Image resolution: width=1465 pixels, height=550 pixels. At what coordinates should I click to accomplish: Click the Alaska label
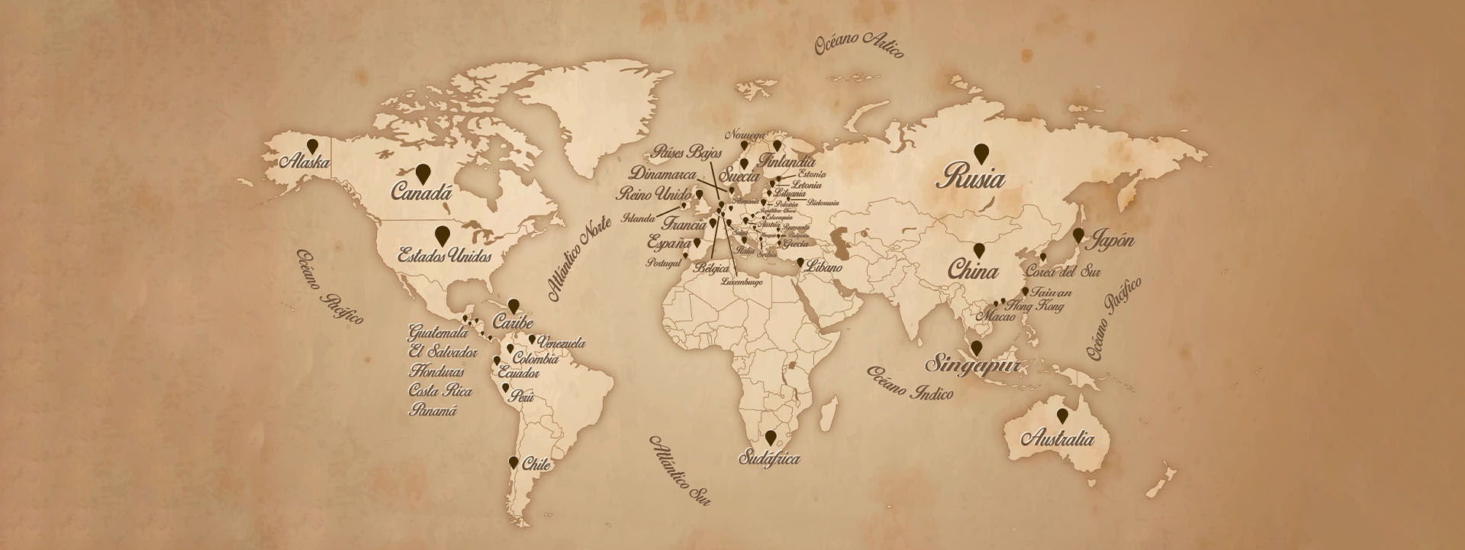[304, 162]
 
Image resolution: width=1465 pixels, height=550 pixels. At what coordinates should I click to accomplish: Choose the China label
[973, 271]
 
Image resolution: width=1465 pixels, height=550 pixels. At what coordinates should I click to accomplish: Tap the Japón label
[1113, 241]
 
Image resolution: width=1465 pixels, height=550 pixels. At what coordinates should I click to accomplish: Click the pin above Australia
[1062, 416]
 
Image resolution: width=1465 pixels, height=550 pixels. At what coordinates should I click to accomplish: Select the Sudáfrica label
[769, 459]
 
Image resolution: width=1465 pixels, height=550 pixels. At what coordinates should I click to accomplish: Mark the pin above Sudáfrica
[771, 437]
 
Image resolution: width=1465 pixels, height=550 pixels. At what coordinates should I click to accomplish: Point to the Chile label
[535, 464]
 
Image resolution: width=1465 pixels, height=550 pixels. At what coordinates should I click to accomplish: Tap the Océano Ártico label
[858, 46]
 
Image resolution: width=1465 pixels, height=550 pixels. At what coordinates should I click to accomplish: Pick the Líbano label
[825, 268]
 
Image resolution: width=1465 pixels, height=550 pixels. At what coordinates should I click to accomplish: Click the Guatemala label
[438, 334]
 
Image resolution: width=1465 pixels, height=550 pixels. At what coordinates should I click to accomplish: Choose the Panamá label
[433, 410]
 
